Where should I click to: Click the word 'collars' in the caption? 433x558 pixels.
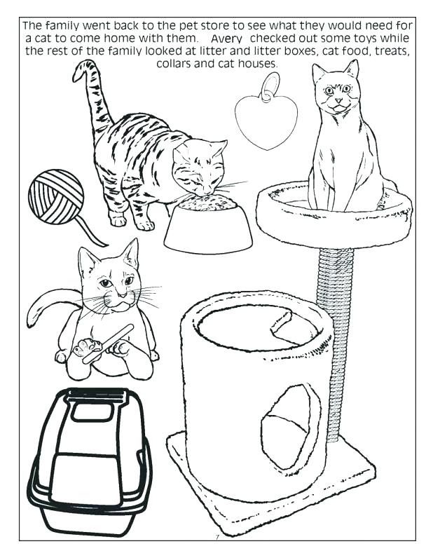coord(179,63)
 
